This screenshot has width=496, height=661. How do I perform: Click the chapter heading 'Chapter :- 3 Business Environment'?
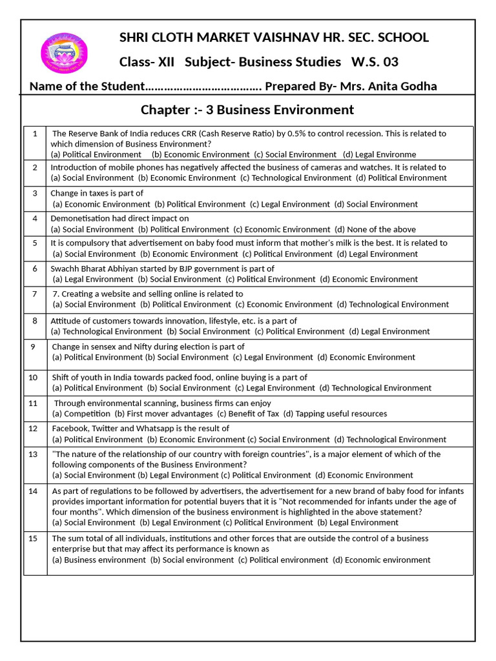[x=247, y=110]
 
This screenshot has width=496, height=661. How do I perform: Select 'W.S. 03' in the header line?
[x=375, y=62]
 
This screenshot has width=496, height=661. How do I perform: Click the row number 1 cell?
[x=35, y=134]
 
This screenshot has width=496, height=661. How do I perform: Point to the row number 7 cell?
[x=35, y=294]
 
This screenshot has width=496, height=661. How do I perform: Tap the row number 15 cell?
[x=34, y=538]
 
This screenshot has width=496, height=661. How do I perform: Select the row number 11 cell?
[x=34, y=403]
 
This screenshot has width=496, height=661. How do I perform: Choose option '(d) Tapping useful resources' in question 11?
[x=336, y=414]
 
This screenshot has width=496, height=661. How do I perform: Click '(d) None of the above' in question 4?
[x=375, y=229]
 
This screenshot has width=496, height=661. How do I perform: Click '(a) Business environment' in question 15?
[x=99, y=560]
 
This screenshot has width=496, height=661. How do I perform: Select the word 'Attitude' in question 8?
[x=67, y=321]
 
